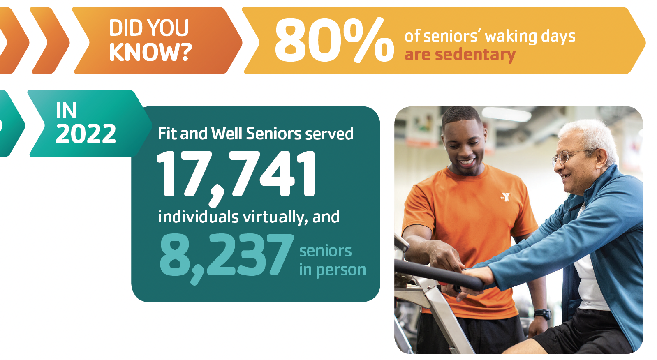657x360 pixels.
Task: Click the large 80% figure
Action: tap(334, 39)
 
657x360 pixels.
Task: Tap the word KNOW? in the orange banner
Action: tap(150, 52)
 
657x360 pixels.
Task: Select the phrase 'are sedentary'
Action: tap(460, 55)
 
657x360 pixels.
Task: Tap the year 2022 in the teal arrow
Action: tap(86, 134)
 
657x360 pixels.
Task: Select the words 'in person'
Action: tap(333, 270)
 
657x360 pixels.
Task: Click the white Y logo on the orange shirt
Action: tap(505, 197)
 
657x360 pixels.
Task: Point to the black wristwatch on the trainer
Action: tap(542, 314)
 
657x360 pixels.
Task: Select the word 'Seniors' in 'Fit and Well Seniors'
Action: tap(274, 134)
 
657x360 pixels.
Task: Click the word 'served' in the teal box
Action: tap(329, 134)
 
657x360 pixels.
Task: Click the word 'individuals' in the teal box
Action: tap(198, 217)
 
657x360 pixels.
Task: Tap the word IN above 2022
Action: tap(66, 111)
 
